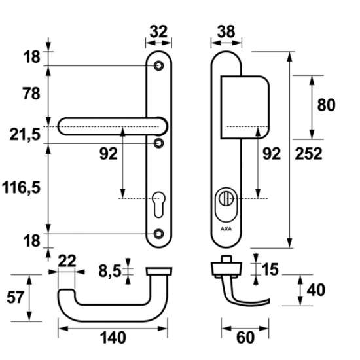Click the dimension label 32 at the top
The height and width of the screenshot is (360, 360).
point(158,31)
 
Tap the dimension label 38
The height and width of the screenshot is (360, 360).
point(226,31)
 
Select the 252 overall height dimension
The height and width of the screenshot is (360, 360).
point(308,154)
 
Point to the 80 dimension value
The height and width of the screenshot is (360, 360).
point(326,105)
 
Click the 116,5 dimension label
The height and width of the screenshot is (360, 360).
point(21,187)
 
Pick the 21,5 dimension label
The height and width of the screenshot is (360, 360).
point(25,135)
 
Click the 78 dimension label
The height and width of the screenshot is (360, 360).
point(31,94)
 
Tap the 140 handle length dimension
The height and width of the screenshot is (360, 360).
point(113,338)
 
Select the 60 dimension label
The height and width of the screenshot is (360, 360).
point(245,338)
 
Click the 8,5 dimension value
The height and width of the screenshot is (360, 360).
point(110,271)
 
